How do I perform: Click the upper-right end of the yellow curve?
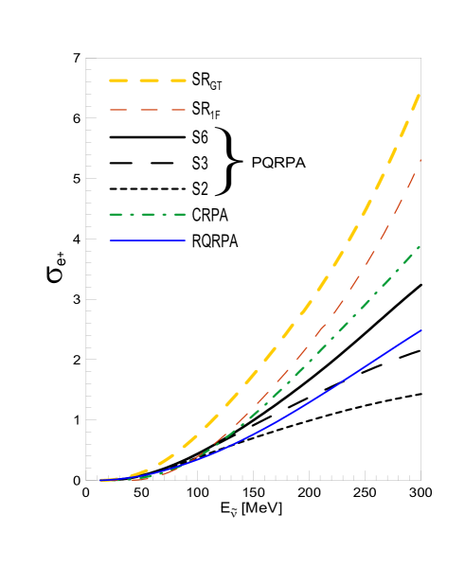419,95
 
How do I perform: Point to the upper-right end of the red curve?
420,161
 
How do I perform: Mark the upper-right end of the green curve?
419,247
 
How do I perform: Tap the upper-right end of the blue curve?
420,330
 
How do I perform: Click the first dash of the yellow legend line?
118,80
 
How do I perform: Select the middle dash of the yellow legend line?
149,80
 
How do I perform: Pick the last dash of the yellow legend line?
178,80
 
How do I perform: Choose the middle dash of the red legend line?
149,110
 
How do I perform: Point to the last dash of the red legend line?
178,110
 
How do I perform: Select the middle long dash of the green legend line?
149,215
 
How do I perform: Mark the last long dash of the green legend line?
178,215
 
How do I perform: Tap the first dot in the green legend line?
132,215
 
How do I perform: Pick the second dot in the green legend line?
163,215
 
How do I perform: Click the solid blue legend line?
148,240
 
